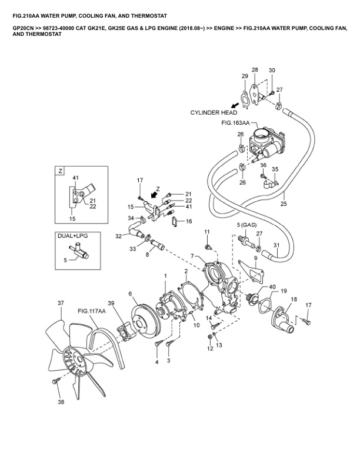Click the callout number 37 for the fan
(60, 304)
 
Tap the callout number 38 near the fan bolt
(60, 402)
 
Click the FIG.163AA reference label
(235, 124)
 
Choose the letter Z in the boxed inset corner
(59, 171)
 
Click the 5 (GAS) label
(248, 225)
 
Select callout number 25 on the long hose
(283, 205)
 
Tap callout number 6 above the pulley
(130, 294)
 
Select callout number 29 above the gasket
(245, 76)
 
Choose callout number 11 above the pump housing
(206, 231)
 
